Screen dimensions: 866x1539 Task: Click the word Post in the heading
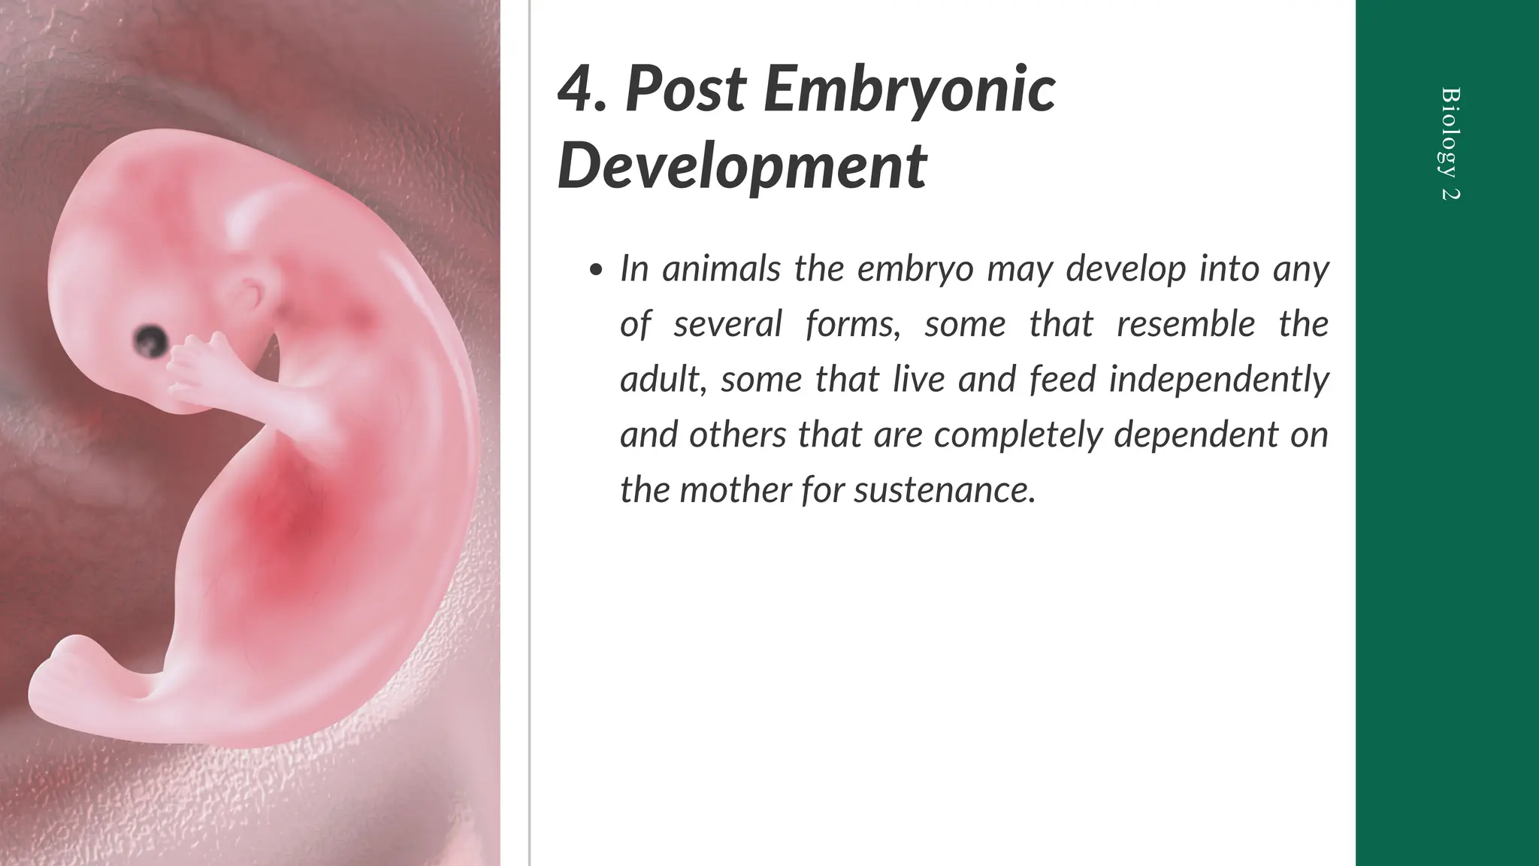[685, 90]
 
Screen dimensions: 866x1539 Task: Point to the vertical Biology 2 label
[1450, 144]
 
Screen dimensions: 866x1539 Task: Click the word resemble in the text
[1186, 324]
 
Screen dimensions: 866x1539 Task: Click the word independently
[1218, 379]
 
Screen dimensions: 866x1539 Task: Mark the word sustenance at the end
[945, 490]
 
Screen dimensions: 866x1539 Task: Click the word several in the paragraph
[727, 324]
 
